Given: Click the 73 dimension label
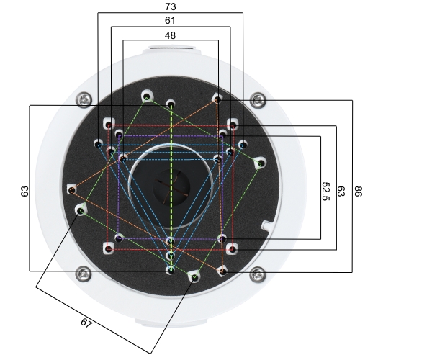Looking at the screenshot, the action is tap(170, 6).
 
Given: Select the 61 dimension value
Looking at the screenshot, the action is tap(170, 20).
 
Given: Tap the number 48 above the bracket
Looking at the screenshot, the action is tap(170, 35).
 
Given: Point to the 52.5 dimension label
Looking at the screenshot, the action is tap(325, 191).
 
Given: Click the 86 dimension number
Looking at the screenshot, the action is tap(358, 191).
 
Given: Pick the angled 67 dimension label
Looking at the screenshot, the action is tap(86, 323).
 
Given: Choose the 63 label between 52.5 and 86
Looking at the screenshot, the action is tap(341, 191).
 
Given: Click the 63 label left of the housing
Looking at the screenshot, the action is tap(24, 191).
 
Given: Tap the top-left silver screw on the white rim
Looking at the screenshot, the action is tap(84, 99).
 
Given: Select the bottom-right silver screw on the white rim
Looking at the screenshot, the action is tap(257, 274).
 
